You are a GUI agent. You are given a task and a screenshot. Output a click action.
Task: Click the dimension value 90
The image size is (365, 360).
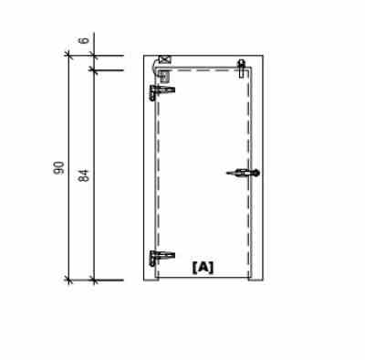(59, 166)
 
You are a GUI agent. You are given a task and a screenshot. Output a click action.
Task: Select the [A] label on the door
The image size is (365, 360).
(203, 267)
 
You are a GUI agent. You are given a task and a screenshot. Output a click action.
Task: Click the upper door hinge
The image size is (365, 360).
(162, 90)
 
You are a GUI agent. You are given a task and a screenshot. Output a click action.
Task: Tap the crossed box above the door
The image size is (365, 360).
(164, 60)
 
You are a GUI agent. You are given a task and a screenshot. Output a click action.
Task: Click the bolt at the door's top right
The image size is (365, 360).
(242, 67)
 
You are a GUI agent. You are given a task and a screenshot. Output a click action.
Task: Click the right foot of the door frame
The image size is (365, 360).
(256, 276)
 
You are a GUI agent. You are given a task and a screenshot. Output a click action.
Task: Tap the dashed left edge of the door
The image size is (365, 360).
(157, 174)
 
